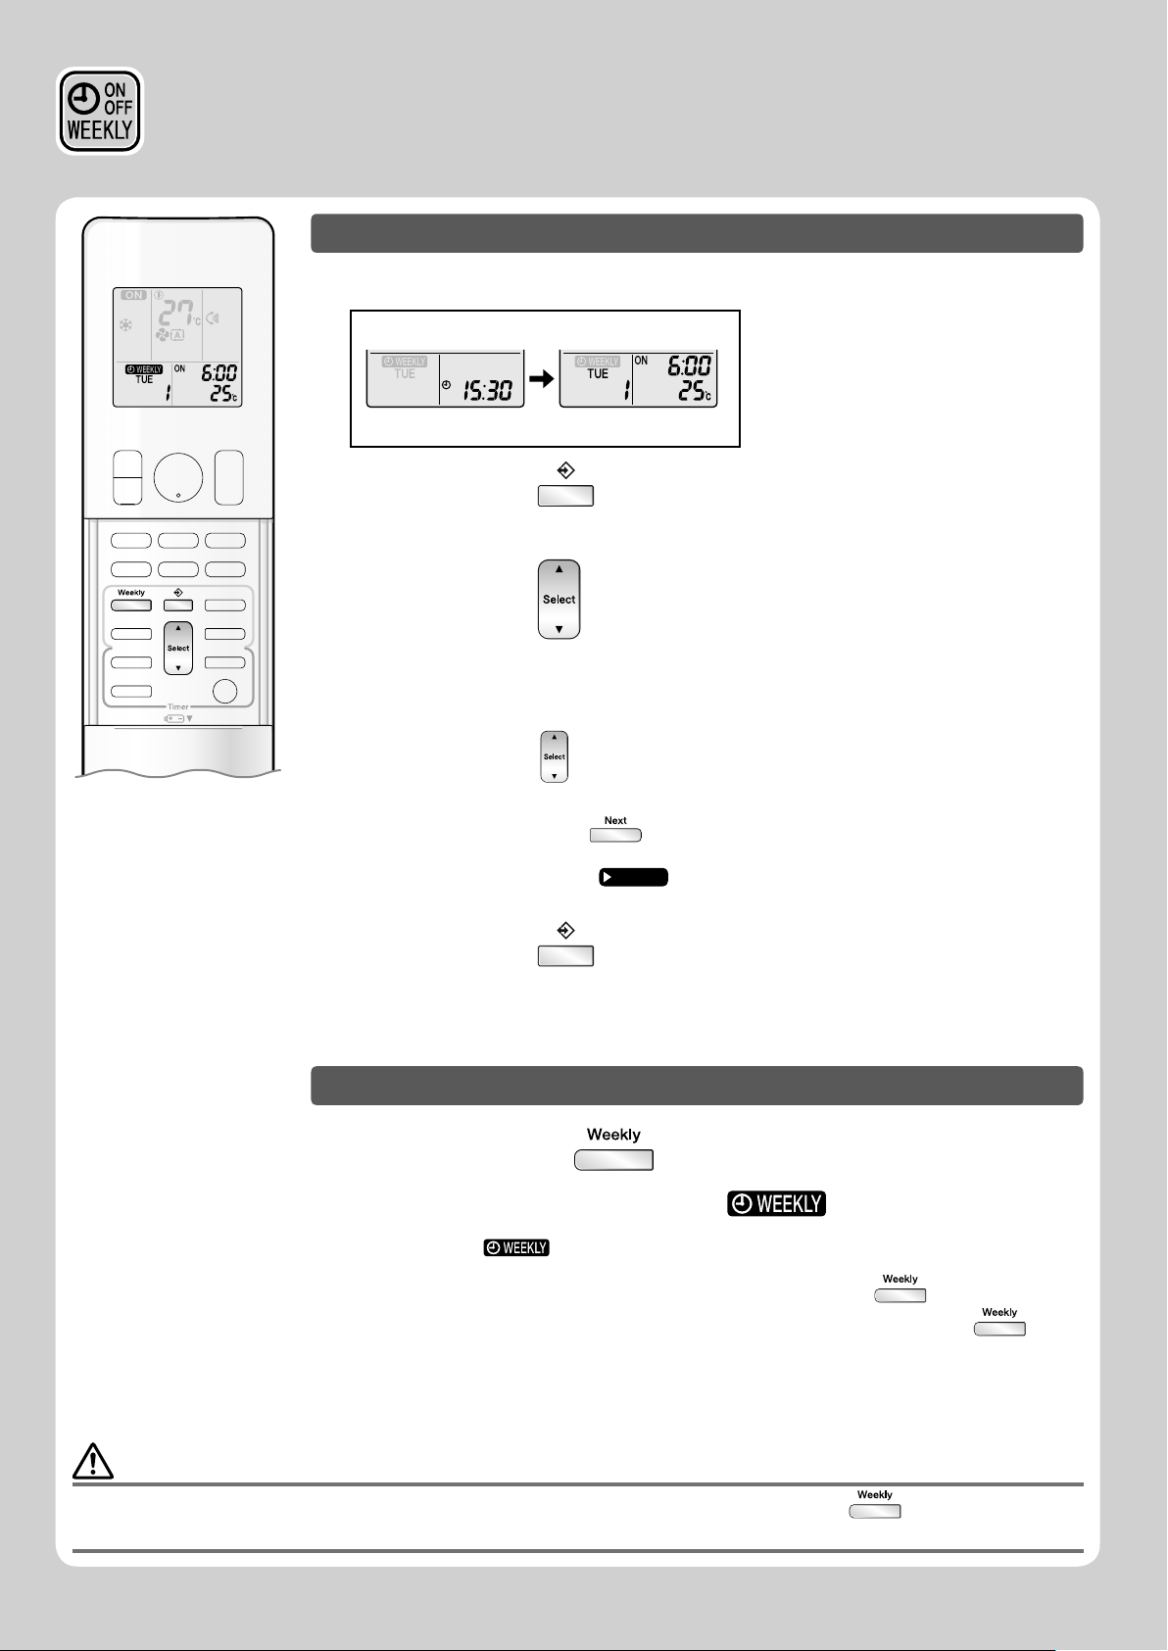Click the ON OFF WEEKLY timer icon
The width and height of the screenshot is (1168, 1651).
(100, 111)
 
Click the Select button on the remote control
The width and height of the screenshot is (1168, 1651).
(178, 648)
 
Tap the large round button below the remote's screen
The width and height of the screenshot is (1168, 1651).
(178, 478)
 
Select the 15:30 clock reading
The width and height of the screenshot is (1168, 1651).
(487, 389)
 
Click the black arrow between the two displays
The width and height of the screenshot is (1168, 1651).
(542, 377)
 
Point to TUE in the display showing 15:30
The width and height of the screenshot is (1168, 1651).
(405, 374)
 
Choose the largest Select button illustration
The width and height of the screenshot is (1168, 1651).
(560, 600)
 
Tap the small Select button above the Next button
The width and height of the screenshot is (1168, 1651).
(555, 756)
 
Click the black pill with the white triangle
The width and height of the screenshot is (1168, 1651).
(634, 877)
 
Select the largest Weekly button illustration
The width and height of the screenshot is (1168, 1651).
(614, 1160)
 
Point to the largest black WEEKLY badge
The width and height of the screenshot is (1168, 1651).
(776, 1203)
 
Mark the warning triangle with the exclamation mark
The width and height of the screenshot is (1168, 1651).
(93, 1462)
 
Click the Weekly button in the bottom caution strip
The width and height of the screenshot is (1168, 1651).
(875, 1511)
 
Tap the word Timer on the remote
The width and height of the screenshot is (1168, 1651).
(178, 706)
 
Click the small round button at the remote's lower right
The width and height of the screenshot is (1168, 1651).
(225, 691)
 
